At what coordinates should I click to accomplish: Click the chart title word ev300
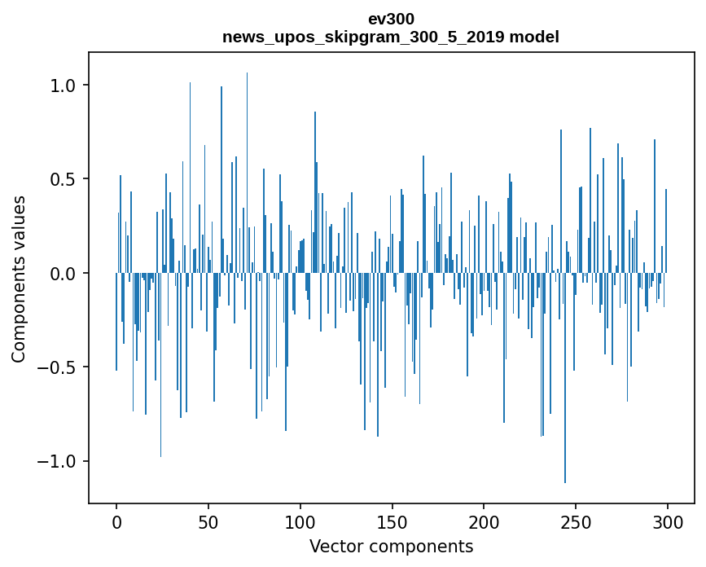pos(391,19)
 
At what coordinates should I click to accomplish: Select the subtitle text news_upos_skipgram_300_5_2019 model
pos(391,37)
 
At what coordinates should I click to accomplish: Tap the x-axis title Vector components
pos(391,546)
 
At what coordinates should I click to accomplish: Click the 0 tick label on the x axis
pos(116,521)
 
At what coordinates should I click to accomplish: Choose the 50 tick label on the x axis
pos(208,521)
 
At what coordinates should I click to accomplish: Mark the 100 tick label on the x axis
pos(300,521)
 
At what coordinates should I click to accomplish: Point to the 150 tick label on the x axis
pos(392,521)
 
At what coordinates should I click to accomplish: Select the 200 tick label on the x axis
pos(484,521)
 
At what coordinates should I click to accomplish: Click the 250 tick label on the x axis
pos(576,521)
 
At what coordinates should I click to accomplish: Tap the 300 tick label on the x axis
pos(668,521)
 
